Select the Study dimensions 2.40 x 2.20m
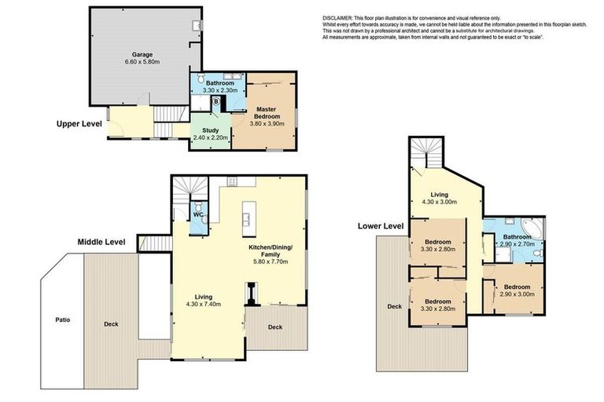tap(210, 137)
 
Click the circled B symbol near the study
tap(215, 101)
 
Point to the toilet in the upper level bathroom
tap(201, 79)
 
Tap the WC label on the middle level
tap(198, 214)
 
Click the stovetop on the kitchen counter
tap(234, 181)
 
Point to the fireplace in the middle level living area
tap(249, 298)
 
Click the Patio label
tap(62, 320)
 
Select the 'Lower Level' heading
tap(381, 226)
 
